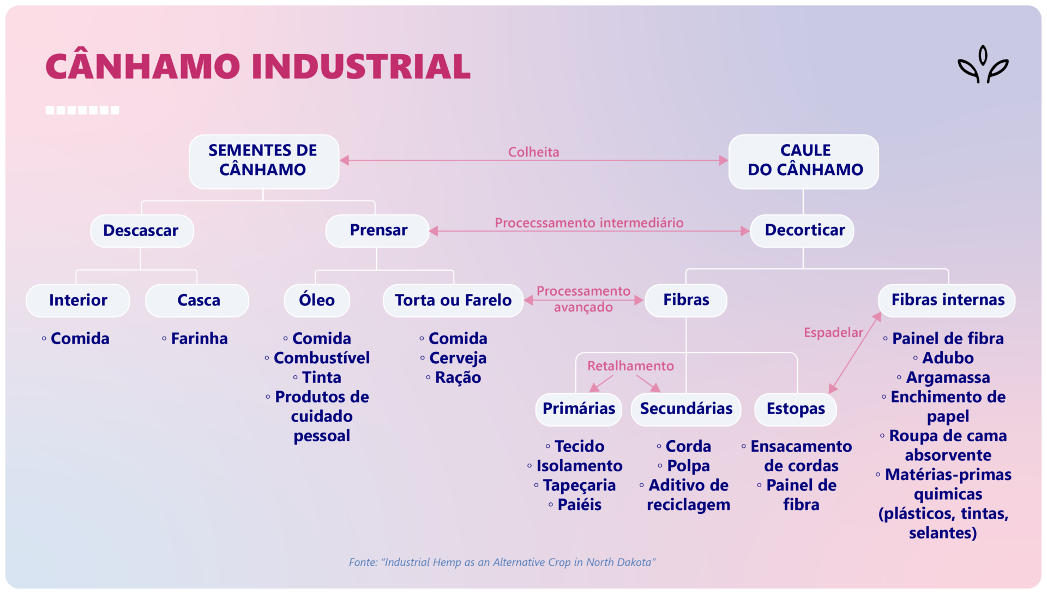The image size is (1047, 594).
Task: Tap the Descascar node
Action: click(141, 231)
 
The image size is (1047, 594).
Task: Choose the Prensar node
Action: click(377, 231)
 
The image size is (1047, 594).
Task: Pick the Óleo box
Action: click(317, 300)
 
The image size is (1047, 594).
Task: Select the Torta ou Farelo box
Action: click(453, 300)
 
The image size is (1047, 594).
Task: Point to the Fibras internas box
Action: click(947, 300)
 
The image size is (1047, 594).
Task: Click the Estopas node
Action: click(796, 409)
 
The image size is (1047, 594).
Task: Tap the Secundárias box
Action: click(686, 409)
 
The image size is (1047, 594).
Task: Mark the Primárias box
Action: click(579, 409)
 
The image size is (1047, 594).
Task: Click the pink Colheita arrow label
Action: click(533, 152)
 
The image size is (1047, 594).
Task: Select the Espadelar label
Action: click(833, 333)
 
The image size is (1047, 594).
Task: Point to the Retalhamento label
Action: click(630, 366)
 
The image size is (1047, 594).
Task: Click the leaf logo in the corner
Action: click(983, 65)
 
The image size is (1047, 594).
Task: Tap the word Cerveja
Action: click(458, 358)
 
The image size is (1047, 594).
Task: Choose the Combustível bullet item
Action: click(321, 358)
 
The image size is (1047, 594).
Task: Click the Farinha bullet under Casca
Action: click(199, 339)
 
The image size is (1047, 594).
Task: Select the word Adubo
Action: click(947, 358)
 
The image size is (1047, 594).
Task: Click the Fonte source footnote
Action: click(502, 562)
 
